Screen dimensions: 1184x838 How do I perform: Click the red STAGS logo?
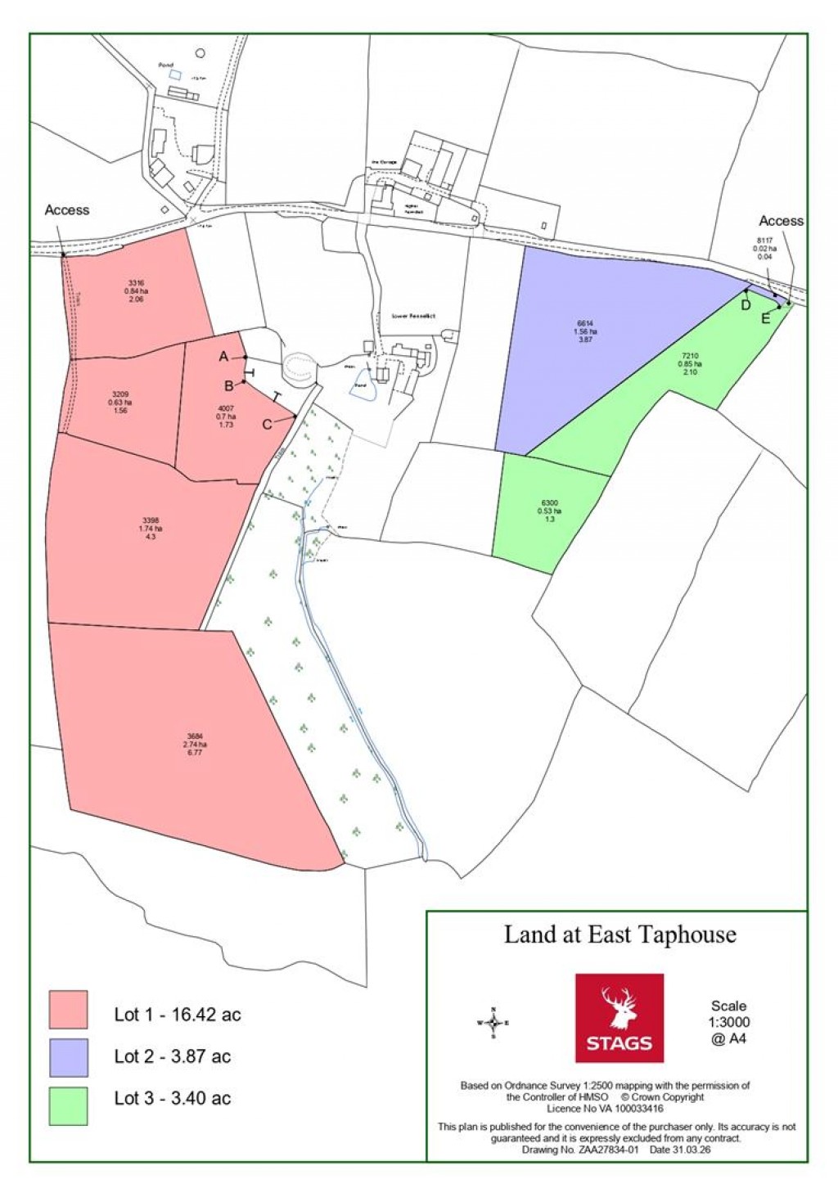619,1017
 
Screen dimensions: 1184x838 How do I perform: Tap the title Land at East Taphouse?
619,934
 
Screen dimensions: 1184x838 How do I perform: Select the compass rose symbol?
493,1023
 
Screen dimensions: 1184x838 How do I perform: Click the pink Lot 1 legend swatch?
68,1009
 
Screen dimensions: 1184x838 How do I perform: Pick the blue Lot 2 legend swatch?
68,1057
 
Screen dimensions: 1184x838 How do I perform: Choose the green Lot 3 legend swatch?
68,1105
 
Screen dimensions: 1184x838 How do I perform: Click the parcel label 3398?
151,520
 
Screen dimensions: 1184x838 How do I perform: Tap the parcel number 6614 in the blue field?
585,324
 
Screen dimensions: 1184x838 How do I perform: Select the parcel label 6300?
550,503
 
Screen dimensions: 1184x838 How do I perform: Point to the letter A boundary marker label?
223,357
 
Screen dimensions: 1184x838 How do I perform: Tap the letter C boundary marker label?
267,425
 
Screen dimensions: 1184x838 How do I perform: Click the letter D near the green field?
746,305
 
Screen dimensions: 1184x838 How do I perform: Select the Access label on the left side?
67,210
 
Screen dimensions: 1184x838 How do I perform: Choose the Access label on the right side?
781,221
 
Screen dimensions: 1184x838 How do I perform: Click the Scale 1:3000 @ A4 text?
728,1022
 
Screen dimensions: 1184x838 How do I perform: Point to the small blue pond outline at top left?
173,74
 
